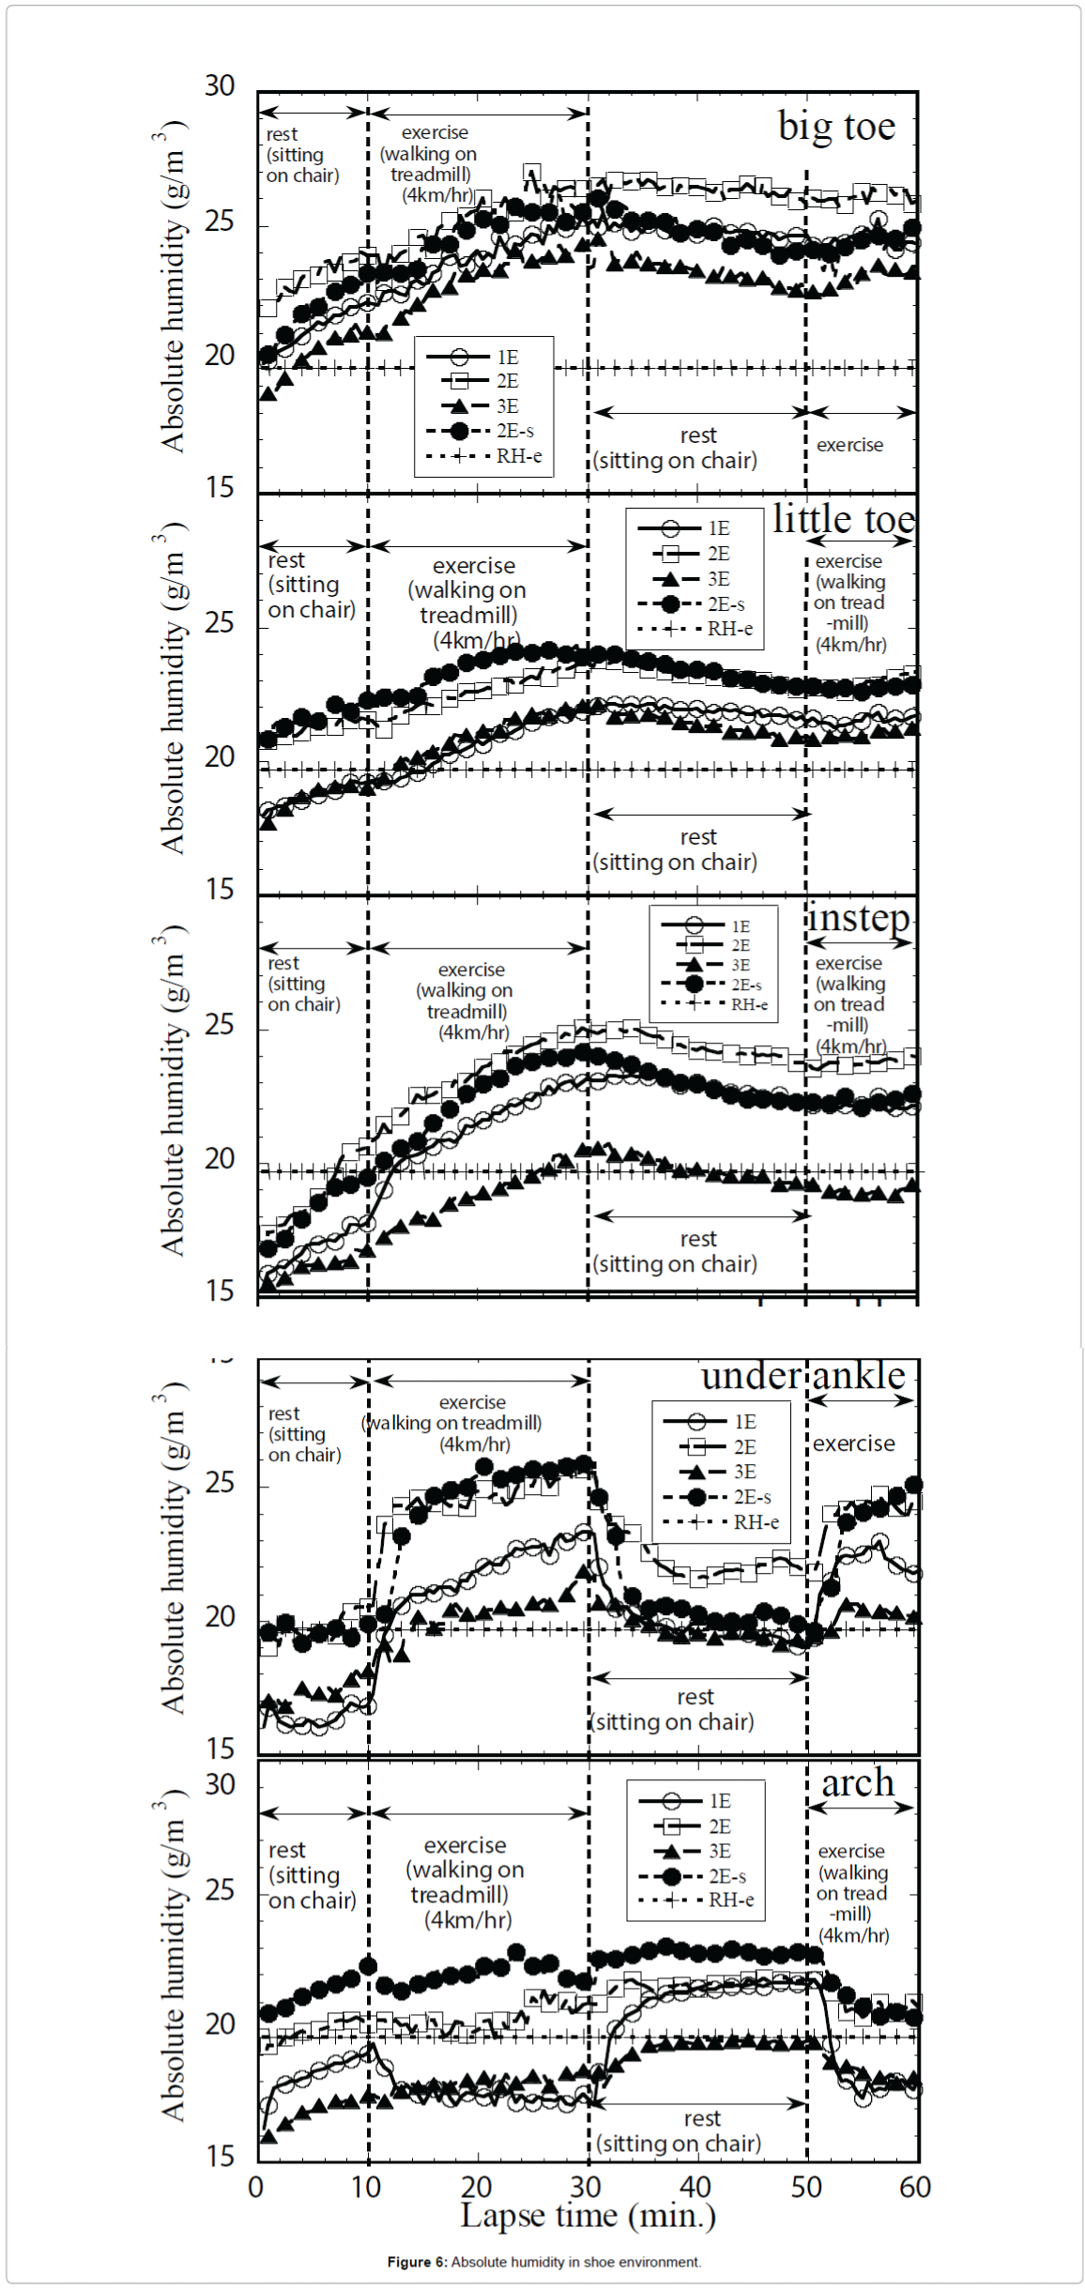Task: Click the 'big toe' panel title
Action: pyautogui.click(x=836, y=127)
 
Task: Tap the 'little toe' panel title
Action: pyautogui.click(x=844, y=519)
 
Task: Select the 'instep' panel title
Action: pyautogui.click(x=858, y=917)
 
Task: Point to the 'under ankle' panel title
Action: pyautogui.click(x=803, y=1376)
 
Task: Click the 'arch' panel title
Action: pyautogui.click(x=858, y=1783)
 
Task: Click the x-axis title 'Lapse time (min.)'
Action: pyautogui.click(x=588, y=2216)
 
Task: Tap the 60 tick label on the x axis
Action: pyautogui.click(x=915, y=2188)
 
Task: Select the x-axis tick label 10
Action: pyautogui.click(x=366, y=2188)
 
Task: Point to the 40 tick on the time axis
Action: pyautogui.click(x=695, y=2188)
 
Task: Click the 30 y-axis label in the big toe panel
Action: pyautogui.click(x=220, y=86)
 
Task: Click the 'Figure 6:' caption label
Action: pyautogui.click(x=417, y=2262)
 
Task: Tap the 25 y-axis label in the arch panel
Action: pyautogui.click(x=220, y=1889)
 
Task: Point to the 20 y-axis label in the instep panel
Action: pyautogui.click(x=220, y=1159)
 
